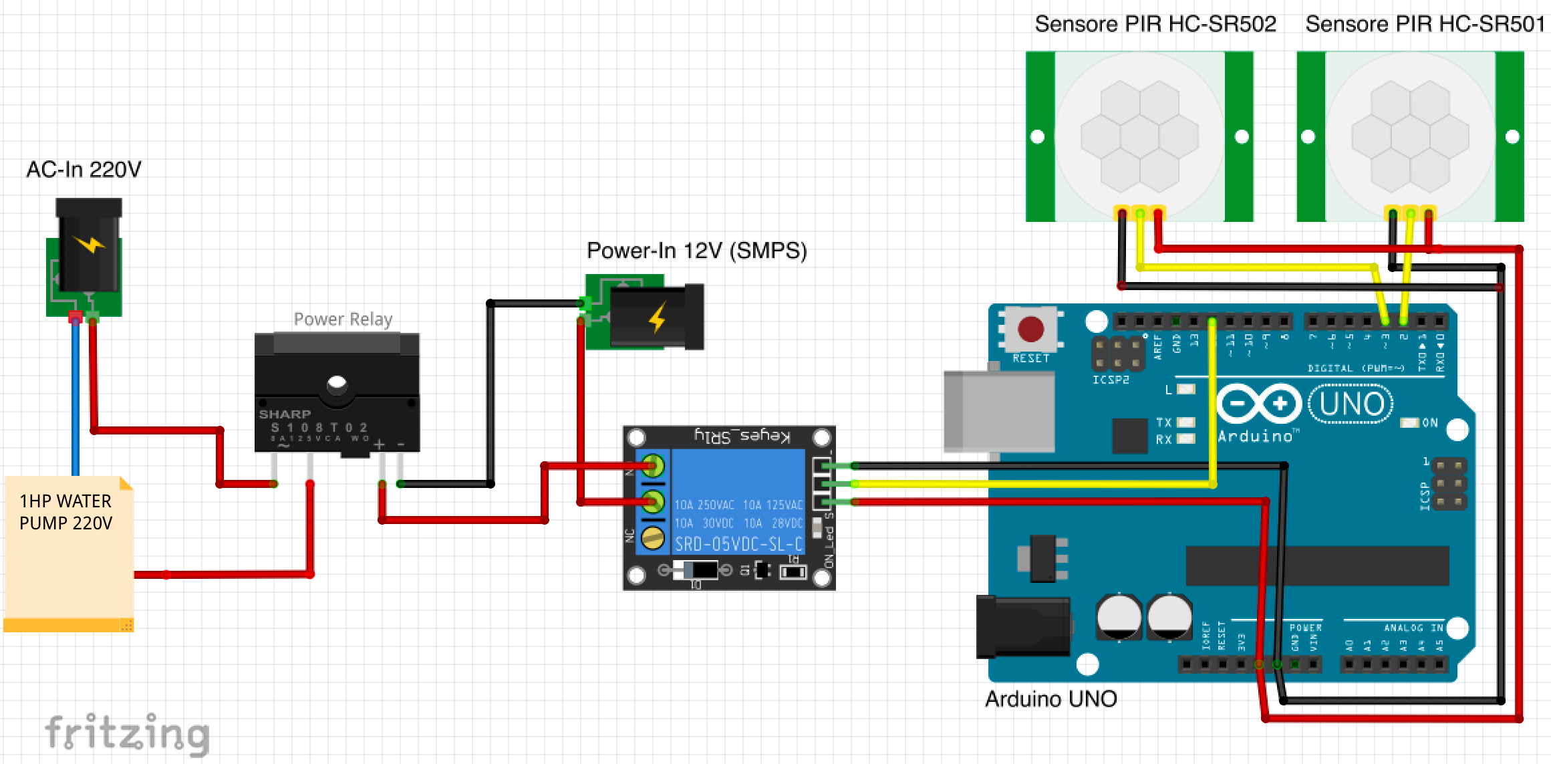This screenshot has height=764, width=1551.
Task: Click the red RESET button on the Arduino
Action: pos(1030,328)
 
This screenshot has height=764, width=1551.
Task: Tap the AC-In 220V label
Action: pos(84,170)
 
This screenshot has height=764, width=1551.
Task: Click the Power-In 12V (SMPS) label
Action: pos(696,251)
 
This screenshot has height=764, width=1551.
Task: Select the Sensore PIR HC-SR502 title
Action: pos(1155,25)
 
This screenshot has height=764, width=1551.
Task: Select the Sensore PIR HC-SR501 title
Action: pos(1425,25)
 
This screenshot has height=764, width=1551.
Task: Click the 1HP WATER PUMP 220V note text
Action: pos(65,512)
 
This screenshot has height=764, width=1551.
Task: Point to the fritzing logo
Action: pos(127,734)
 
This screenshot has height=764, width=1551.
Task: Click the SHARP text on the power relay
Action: pos(285,414)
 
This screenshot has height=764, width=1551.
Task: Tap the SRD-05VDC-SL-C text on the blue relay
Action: pos(738,544)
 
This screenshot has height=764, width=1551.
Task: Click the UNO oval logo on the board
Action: pos(1351,404)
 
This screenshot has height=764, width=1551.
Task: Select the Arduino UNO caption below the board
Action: pos(1050,699)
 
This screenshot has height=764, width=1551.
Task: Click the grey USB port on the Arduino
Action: pos(998,411)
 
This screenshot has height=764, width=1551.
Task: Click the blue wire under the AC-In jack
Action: pos(76,401)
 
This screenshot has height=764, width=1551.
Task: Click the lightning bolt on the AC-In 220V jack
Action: pos(90,244)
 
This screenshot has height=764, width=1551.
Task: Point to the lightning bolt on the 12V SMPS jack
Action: pos(658,317)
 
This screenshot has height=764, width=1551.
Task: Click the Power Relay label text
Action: pos(343,320)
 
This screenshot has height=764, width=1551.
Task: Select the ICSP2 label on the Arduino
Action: pos(1111,380)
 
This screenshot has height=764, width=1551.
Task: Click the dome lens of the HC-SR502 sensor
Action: pos(1139,136)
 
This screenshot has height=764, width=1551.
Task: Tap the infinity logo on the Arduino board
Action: pos(1259,404)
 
